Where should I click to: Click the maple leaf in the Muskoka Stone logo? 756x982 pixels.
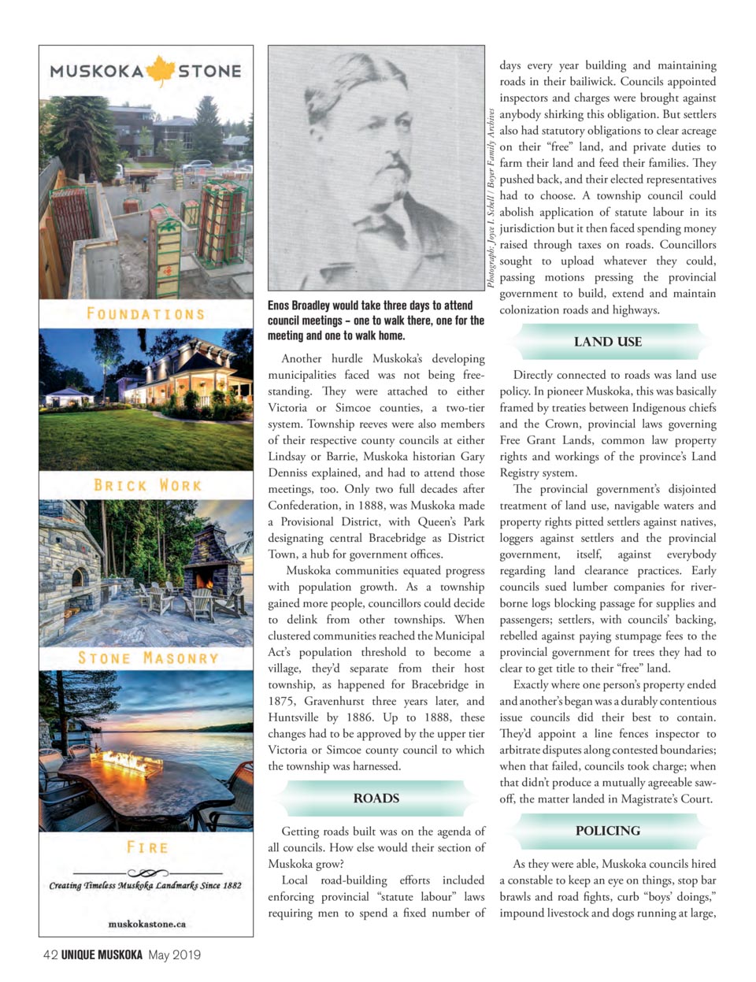161,71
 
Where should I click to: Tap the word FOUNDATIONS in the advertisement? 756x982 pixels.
146,313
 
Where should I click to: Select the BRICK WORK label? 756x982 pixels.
147,485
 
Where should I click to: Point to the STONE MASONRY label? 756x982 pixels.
147,658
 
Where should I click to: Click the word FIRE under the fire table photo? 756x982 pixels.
147,847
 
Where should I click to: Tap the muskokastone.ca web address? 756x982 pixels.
146,924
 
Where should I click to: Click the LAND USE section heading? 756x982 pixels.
607,342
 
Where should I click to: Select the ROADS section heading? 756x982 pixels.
376,799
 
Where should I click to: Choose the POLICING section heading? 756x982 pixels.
607,831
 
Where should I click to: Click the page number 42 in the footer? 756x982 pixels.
50,955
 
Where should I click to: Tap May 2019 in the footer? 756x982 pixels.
174,955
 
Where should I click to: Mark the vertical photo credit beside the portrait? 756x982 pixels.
491,197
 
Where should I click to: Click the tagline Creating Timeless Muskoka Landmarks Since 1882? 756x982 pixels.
146,885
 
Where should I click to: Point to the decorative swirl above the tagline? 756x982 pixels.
147,873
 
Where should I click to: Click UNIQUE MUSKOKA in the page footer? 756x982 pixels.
102,955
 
